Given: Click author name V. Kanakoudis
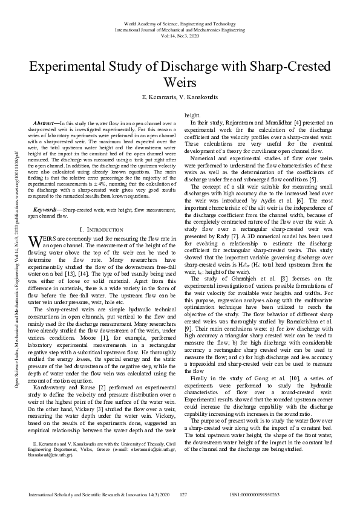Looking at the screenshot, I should tap(201, 97).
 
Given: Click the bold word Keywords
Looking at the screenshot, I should tap(48, 192).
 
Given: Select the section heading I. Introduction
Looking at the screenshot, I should tap(102, 213).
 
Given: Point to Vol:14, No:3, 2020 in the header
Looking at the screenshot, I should tap(180, 36).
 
